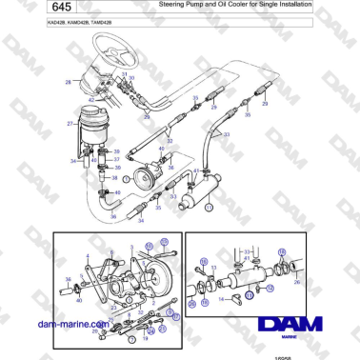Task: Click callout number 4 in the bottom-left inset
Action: click(89, 254)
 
